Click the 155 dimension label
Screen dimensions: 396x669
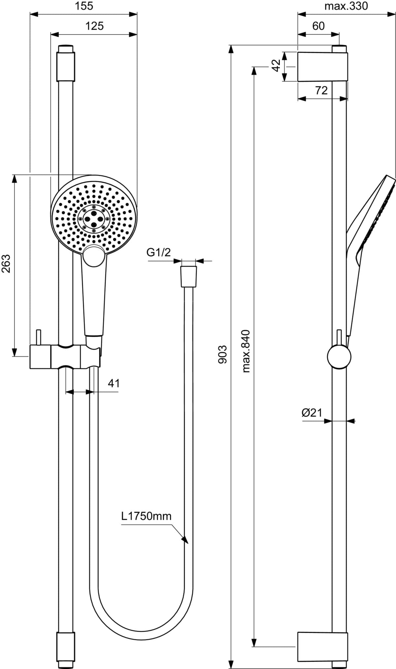(84, 6)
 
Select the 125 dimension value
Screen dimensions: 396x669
(94, 26)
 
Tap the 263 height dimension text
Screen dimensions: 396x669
(7, 263)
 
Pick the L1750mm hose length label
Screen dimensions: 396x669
(147, 516)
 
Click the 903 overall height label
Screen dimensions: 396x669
(223, 354)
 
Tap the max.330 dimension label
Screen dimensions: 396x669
(346, 6)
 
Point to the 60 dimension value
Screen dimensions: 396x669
(318, 26)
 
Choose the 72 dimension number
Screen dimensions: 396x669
(321, 90)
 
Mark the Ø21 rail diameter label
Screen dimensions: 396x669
(312, 412)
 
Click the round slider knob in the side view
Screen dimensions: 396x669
(339, 357)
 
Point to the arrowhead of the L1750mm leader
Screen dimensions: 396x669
(185, 540)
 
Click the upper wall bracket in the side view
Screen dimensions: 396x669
(323, 66)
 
